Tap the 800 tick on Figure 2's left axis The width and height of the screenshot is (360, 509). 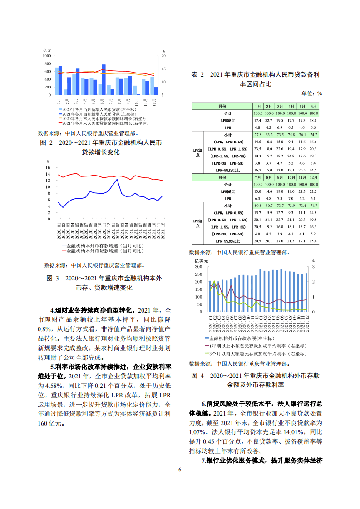point(47,64)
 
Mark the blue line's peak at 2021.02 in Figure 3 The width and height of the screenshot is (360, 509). point(118,179)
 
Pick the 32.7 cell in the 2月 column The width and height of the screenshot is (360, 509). point(269,120)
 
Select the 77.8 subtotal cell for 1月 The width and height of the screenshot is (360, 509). point(258,135)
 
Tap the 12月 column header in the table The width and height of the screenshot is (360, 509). point(313,177)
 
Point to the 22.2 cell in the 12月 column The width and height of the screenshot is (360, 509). point(313,192)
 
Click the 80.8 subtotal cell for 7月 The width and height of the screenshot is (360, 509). point(258,206)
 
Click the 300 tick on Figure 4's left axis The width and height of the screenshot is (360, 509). point(198,267)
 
